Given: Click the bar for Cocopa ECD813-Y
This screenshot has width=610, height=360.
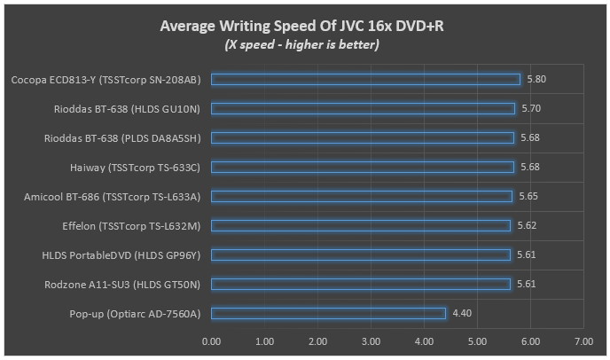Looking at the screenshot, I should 365,80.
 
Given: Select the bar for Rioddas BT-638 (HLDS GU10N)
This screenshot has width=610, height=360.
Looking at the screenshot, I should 363,109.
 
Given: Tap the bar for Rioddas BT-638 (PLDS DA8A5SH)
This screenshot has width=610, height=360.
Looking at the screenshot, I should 362,138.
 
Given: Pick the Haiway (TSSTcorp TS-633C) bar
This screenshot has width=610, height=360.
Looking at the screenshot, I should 362,167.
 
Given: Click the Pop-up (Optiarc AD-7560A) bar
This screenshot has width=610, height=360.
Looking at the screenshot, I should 328,313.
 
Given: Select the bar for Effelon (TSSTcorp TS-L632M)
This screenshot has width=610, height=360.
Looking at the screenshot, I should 361,225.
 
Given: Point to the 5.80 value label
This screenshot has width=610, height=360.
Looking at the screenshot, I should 536,80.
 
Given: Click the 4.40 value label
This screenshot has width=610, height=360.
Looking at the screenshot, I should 462,313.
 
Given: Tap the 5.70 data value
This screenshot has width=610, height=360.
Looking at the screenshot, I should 531,109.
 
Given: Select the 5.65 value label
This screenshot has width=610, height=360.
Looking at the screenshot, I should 528,196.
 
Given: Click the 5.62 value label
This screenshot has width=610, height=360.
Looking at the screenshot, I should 527,225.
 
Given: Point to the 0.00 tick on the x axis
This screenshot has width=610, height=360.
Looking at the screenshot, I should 211,340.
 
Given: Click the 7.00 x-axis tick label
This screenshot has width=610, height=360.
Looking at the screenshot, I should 583,340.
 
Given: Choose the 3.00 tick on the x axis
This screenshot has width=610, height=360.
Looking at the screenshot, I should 371,340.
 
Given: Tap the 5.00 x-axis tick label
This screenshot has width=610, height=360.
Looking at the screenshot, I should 477,340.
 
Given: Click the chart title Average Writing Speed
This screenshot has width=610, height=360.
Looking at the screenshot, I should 301,26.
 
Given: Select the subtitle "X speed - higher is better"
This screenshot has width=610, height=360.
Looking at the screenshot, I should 301,44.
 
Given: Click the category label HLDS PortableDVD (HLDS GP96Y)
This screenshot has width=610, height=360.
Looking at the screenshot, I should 121,254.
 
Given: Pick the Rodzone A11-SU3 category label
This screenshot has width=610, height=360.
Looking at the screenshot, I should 121,284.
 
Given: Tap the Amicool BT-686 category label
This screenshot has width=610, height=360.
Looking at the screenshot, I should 113,196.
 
